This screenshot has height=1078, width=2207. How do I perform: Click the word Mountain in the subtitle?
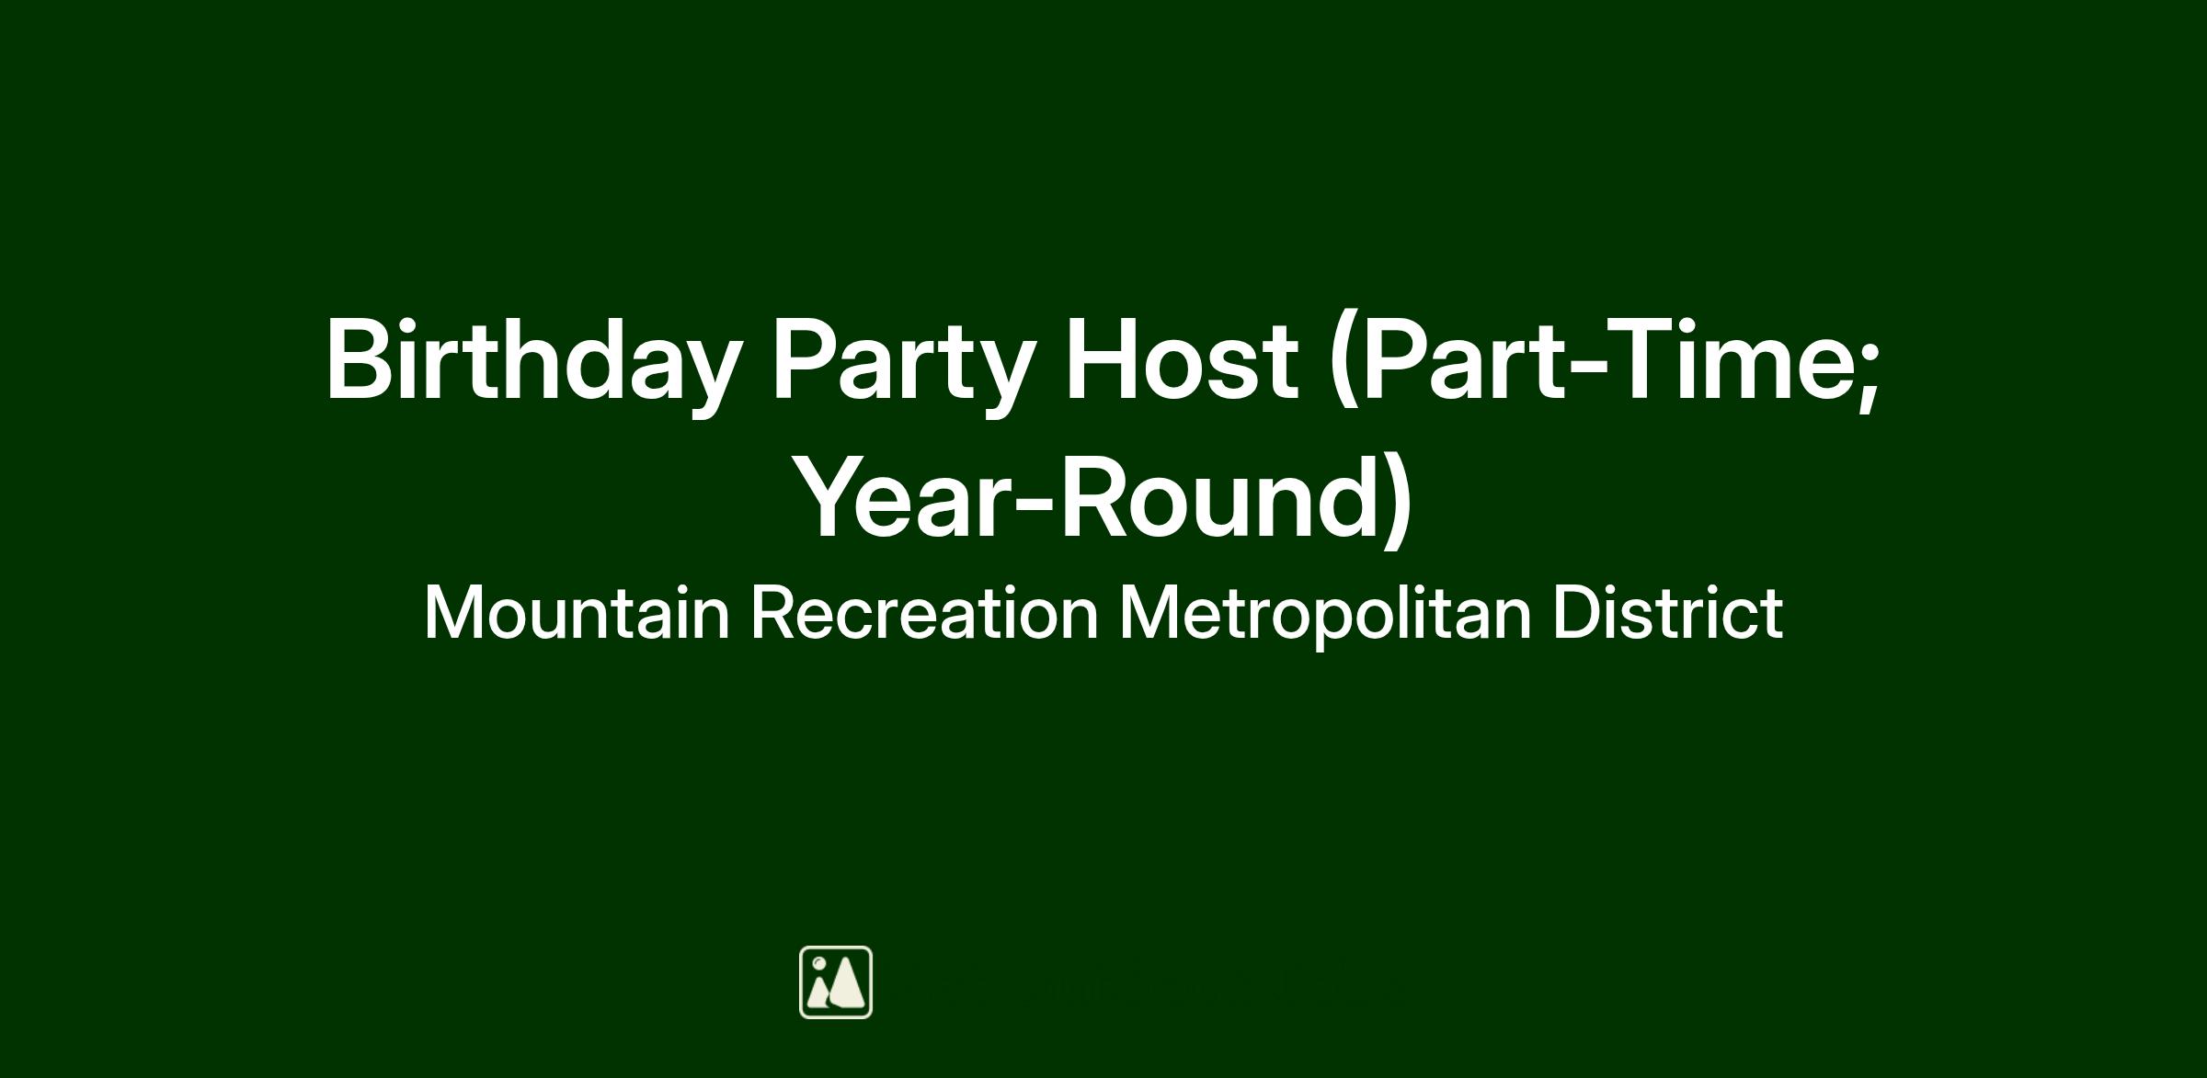pos(577,612)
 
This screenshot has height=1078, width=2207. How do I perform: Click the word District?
pos(1668,612)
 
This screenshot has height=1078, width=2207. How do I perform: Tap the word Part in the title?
pos(1462,360)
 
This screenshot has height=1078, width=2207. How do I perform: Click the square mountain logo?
pos(836,982)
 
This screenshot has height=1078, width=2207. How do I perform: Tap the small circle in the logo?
pos(818,962)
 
